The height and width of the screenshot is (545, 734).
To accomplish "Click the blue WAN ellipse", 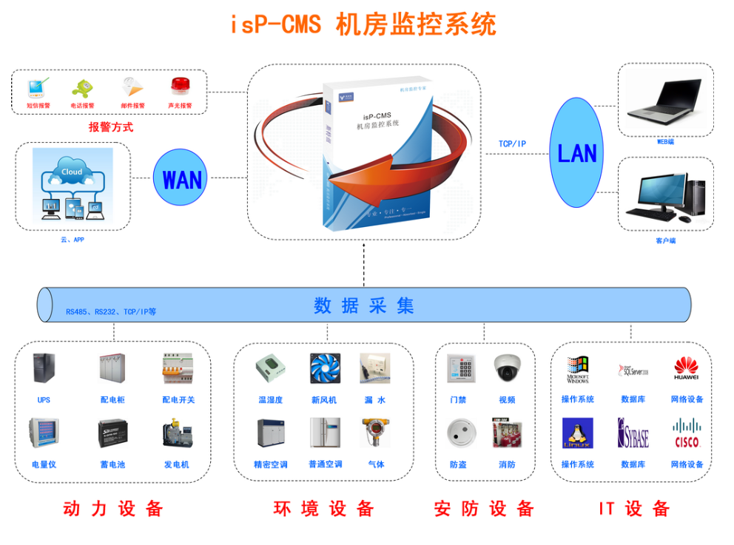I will click(181, 178).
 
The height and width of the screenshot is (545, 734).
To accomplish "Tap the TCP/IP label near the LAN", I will click(512, 143).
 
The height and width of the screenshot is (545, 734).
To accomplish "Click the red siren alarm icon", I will click(180, 87).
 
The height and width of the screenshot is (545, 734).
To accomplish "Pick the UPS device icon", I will click(44, 368).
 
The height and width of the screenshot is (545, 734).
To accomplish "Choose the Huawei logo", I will click(686, 368).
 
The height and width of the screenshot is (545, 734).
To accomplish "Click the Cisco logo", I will click(687, 433).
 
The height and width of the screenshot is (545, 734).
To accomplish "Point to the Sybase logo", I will click(633, 433).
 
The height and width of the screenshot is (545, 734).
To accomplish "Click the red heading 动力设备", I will click(112, 509).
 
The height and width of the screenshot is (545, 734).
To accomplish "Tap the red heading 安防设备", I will click(484, 509).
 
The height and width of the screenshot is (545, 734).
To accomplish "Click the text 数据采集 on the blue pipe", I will click(363, 305).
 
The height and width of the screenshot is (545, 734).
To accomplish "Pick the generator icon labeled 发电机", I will click(177, 433).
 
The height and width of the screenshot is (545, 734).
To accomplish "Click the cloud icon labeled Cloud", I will click(72, 172).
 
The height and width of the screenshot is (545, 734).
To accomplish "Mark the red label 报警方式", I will click(111, 127).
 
